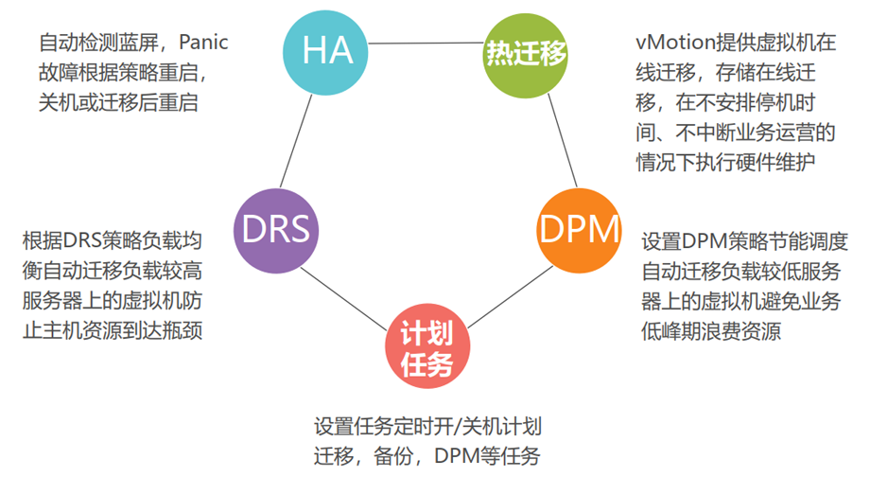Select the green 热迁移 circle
[x=527, y=52]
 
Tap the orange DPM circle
[x=579, y=228]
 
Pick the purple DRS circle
[x=275, y=230]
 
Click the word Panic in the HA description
[x=203, y=44]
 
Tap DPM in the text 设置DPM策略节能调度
[x=704, y=241]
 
